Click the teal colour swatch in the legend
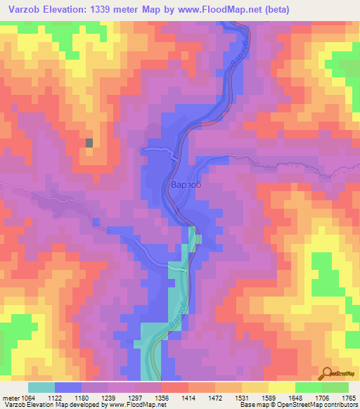click(x=41, y=387)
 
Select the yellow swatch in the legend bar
click(x=282, y=387)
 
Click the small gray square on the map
click(x=89, y=143)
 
